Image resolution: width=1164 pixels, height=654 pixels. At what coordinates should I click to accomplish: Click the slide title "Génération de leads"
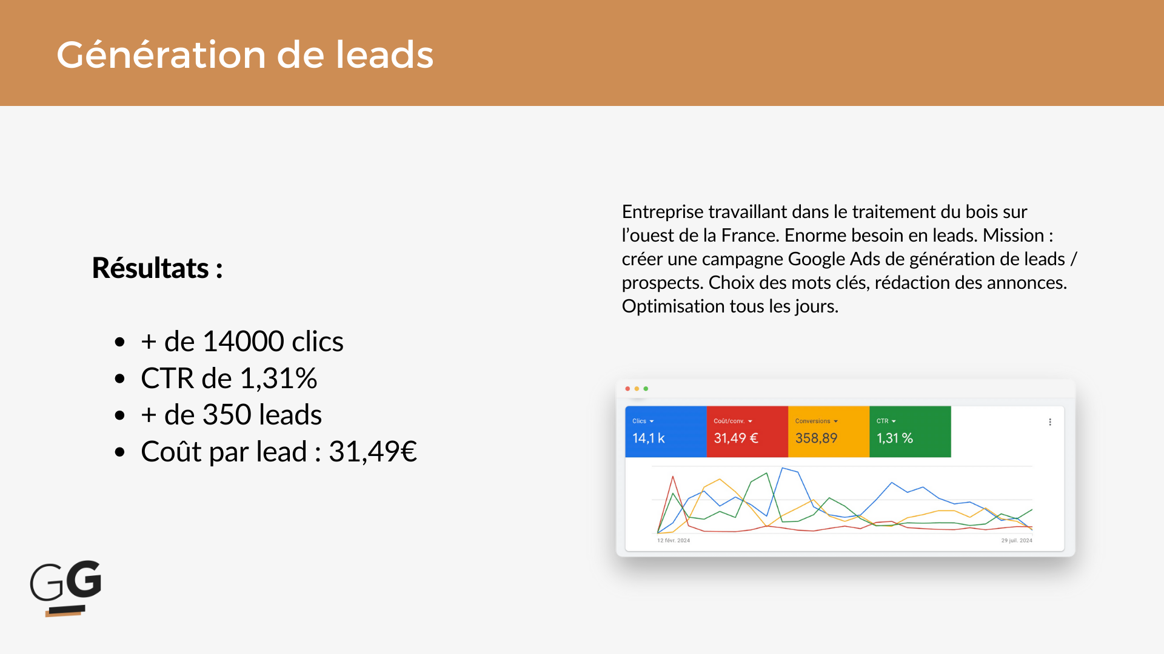(x=245, y=54)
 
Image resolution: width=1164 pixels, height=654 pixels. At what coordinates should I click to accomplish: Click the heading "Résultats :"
(x=158, y=268)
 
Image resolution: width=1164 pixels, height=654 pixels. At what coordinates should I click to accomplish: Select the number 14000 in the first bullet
(x=243, y=341)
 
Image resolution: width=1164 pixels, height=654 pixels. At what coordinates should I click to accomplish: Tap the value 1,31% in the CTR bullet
(x=278, y=378)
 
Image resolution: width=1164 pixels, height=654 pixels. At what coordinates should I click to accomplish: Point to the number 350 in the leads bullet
(x=227, y=414)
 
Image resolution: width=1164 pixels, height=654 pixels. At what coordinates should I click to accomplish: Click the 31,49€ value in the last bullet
(x=373, y=451)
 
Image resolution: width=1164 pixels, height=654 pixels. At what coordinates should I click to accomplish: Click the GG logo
(x=66, y=588)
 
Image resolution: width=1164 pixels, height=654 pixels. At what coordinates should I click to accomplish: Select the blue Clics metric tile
(x=666, y=431)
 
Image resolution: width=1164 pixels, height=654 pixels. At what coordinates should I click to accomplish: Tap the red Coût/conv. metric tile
(x=747, y=431)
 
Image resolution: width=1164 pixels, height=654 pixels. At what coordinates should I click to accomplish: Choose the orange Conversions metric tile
(x=829, y=431)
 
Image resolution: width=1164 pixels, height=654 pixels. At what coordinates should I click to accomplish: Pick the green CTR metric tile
(x=910, y=431)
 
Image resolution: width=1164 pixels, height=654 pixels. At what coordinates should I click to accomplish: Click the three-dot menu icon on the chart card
(x=1050, y=422)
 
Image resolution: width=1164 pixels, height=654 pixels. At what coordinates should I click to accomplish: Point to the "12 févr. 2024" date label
(x=674, y=540)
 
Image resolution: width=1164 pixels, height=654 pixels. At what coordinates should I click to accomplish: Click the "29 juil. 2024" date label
(x=1017, y=540)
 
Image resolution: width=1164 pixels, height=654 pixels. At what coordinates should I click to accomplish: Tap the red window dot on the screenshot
(x=627, y=389)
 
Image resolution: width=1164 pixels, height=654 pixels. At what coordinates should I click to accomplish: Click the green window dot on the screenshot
(x=646, y=389)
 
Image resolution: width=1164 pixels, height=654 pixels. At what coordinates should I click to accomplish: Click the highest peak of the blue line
(x=783, y=468)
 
